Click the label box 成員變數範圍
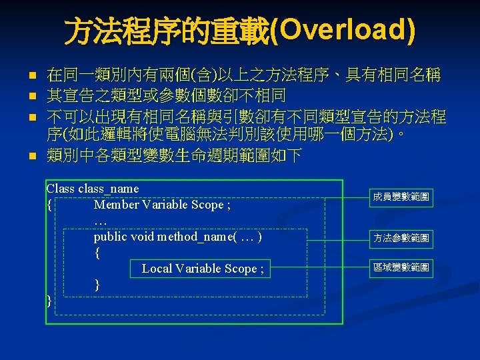click(401, 197)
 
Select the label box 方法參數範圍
click(401, 237)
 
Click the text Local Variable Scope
click(202, 269)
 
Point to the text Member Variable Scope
click(162, 205)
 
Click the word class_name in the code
click(109, 189)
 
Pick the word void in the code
click(143, 237)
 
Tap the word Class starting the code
click(60, 189)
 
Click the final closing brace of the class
click(49, 301)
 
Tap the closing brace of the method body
click(97, 285)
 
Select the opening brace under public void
click(97, 253)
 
